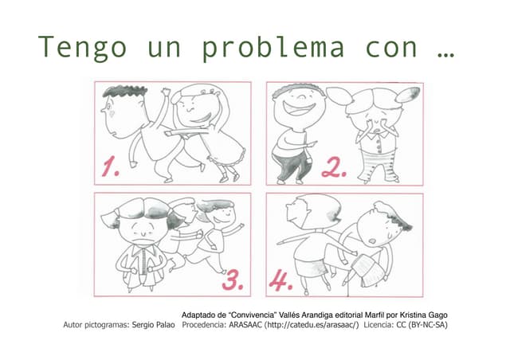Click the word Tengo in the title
(x=82, y=48)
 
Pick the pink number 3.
(x=231, y=280)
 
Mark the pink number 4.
(x=280, y=280)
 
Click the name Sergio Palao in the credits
(x=149, y=325)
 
